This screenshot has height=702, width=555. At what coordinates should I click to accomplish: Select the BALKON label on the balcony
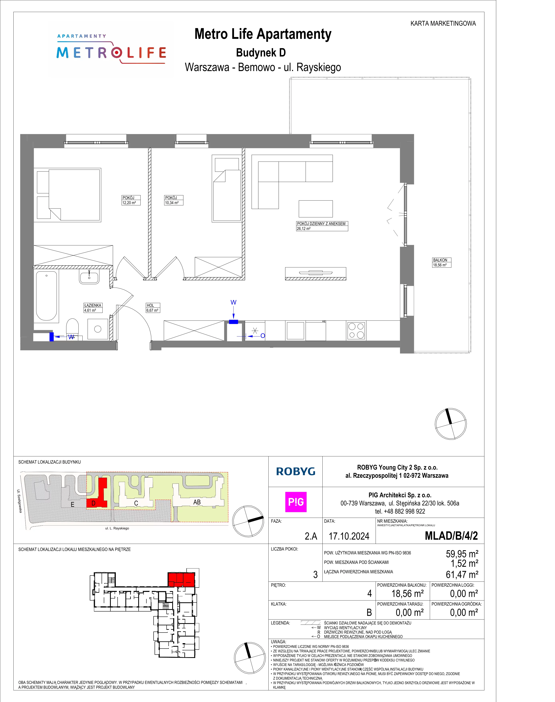[440, 260]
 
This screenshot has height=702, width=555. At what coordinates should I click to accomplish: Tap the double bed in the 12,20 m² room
[68, 195]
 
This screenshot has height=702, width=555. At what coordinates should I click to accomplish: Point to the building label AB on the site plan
[197, 502]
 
